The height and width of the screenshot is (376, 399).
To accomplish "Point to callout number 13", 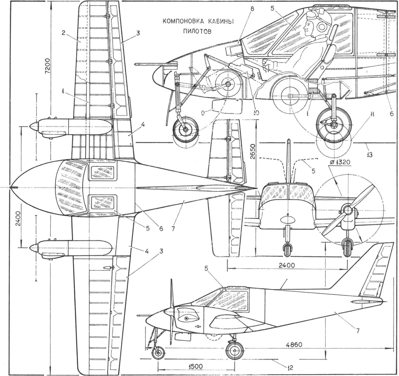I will coord(369,155).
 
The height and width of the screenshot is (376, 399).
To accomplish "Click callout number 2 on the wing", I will coord(63,33).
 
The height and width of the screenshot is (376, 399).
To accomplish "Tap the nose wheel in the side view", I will coord(158,353).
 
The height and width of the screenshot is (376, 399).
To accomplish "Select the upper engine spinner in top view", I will coord(34,126).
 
